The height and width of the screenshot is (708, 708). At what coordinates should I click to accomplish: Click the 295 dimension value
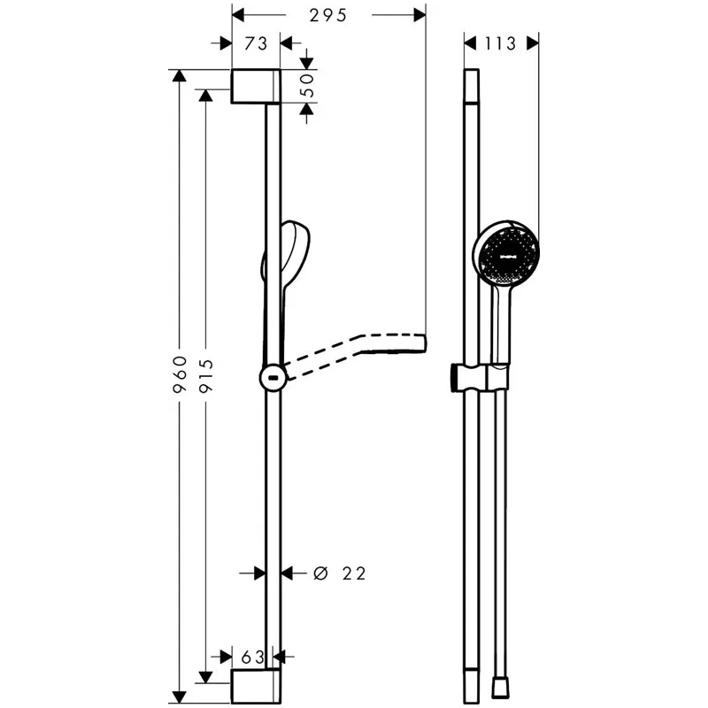tap(327, 15)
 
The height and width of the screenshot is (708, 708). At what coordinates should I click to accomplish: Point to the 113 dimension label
tap(501, 42)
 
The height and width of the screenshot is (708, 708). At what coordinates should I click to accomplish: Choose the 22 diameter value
tap(353, 573)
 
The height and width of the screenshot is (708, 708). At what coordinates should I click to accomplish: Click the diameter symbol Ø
tap(321, 573)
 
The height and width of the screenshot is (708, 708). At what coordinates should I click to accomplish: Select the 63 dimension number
tap(254, 657)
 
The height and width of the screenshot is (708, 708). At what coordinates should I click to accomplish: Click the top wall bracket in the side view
tap(257, 86)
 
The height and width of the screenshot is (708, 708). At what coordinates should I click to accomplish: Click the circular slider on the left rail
tap(273, 378)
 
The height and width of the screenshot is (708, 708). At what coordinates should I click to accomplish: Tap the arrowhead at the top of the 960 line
tap(180, 76)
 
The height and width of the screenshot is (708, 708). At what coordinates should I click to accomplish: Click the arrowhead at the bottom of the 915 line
tap(206, 678)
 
